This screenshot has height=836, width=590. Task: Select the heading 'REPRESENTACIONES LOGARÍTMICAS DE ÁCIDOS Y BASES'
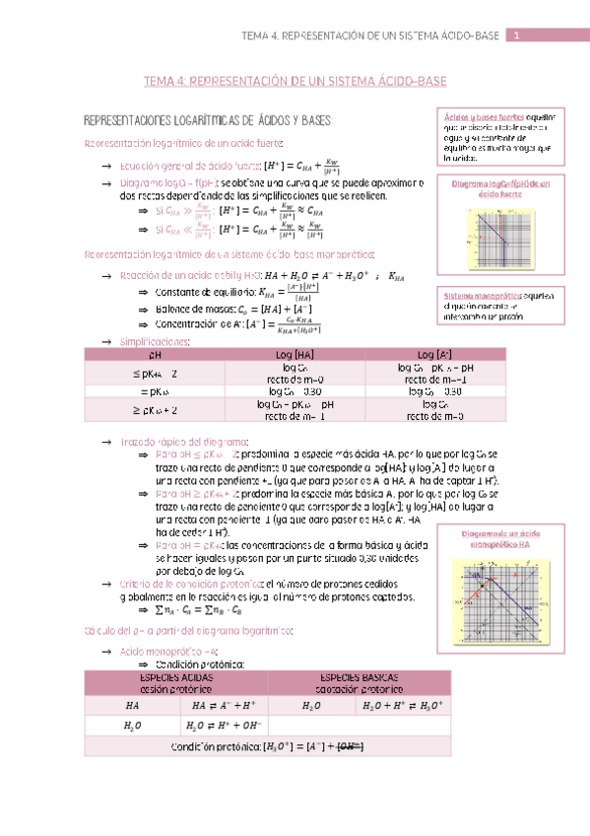[x=210, y=120]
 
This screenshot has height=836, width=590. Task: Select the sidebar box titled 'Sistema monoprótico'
[x=501, y=308]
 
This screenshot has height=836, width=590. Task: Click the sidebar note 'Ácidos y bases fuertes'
[x=501, y=136]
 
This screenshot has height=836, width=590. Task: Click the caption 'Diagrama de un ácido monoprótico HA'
[x=500, y=538]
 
